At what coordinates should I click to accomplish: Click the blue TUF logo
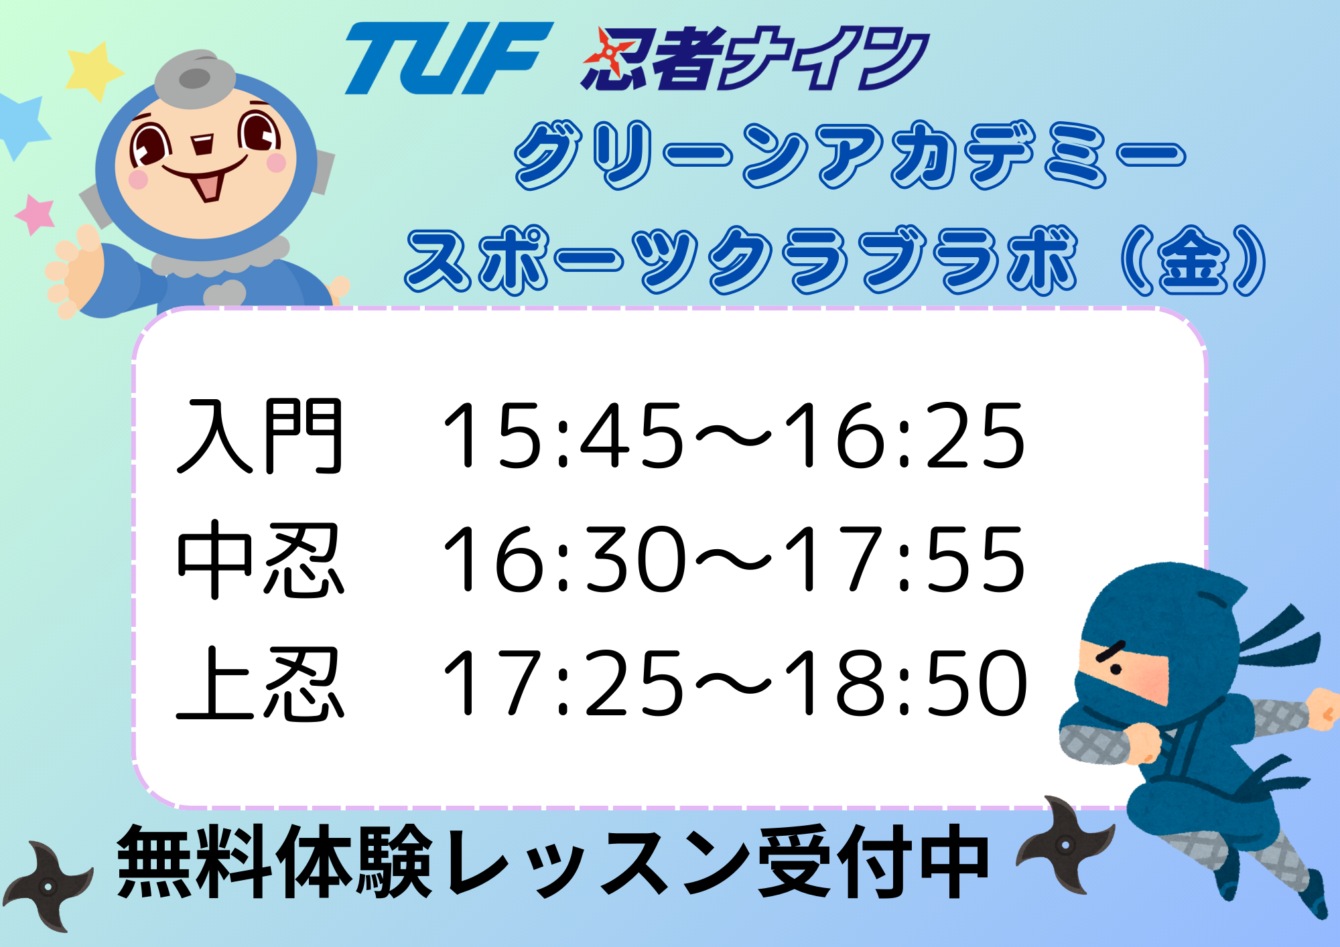[449, 58]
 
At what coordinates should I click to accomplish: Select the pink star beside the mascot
[35, 214]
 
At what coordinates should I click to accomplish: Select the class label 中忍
[260, 560]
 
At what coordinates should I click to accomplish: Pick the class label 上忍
[260, 684]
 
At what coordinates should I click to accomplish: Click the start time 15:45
[563, 435]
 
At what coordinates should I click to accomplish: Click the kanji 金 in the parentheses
[1192, 261]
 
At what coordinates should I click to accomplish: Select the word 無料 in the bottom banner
[195, 861]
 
